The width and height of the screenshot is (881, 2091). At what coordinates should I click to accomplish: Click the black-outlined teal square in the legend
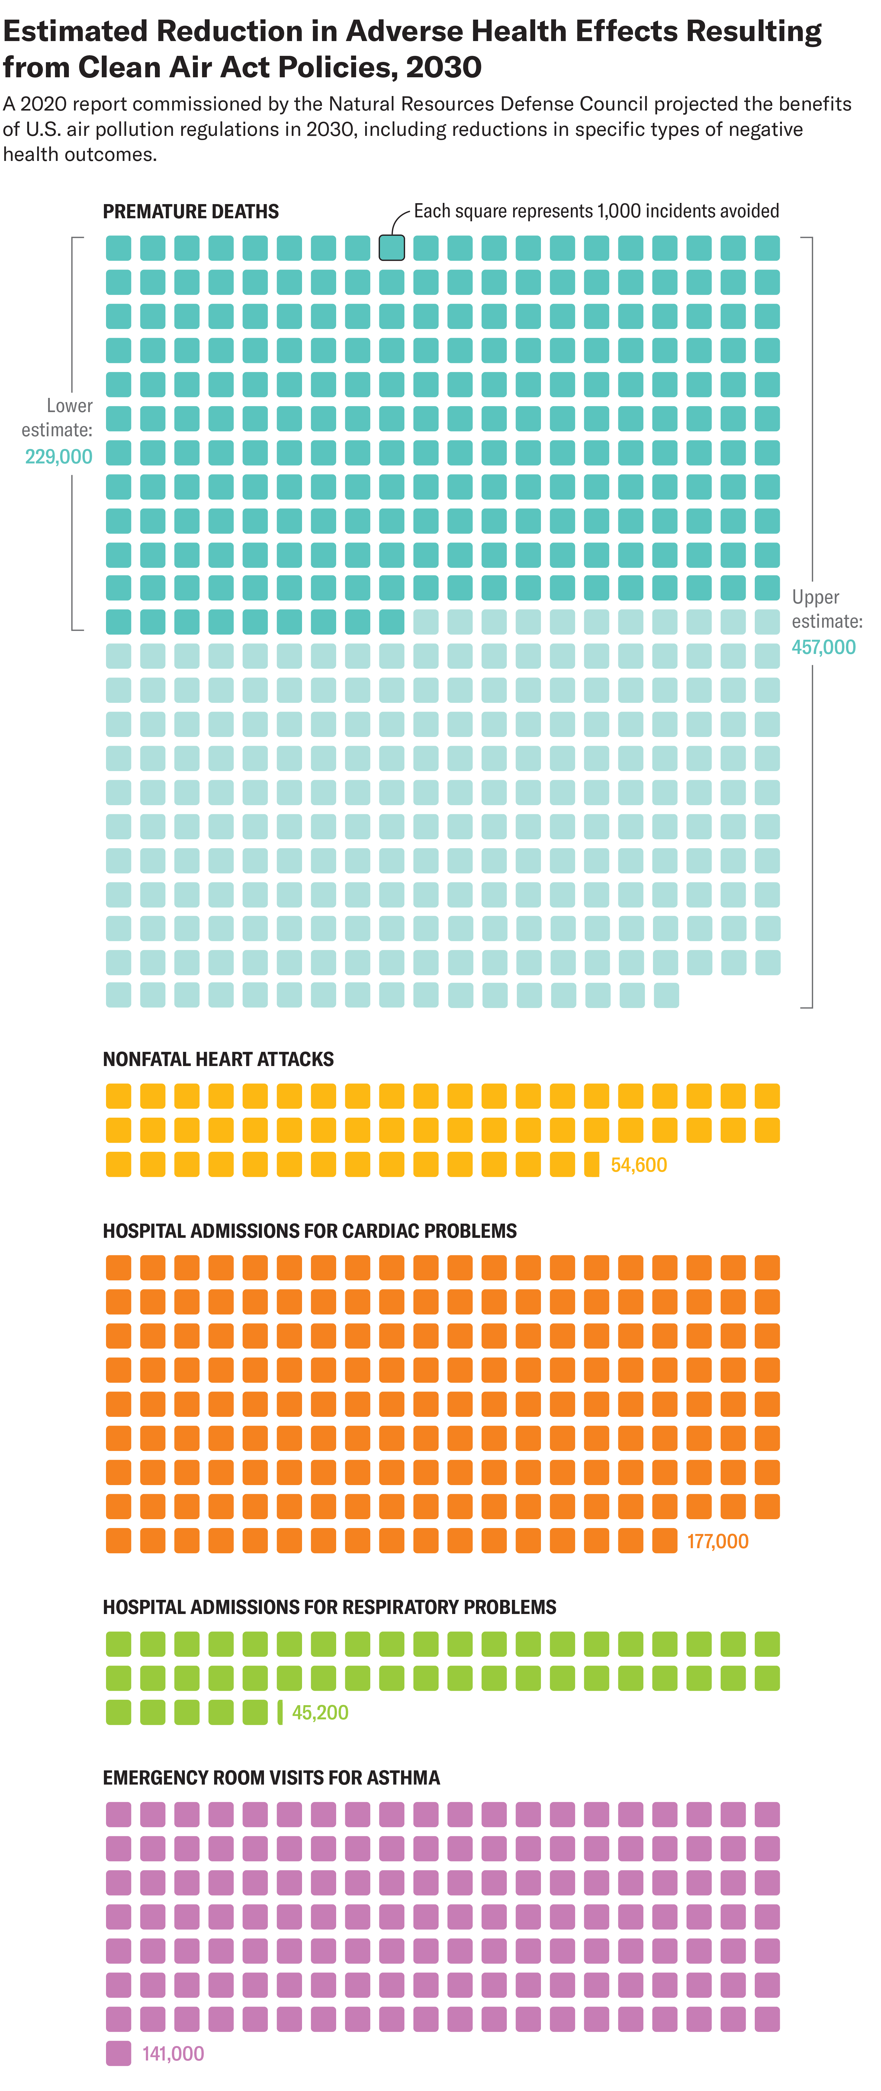pos(391,248)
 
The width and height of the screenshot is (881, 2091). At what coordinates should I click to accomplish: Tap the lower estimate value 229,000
pos(59,456)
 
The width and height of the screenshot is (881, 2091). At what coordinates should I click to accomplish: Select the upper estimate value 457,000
pos(823,647)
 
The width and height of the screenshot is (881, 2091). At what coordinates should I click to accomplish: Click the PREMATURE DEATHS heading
pos(191,212)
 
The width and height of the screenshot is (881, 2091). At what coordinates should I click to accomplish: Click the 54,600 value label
pos(638,1165)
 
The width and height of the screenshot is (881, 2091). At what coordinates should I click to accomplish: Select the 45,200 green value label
pos(320,1712)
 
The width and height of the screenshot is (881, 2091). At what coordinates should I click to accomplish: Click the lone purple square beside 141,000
pos(119,2053)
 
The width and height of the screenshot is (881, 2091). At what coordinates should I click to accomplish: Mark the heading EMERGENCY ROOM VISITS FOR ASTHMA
pos(271,1778)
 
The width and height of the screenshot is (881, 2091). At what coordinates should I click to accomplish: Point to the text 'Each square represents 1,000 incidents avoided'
pos(596,211)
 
